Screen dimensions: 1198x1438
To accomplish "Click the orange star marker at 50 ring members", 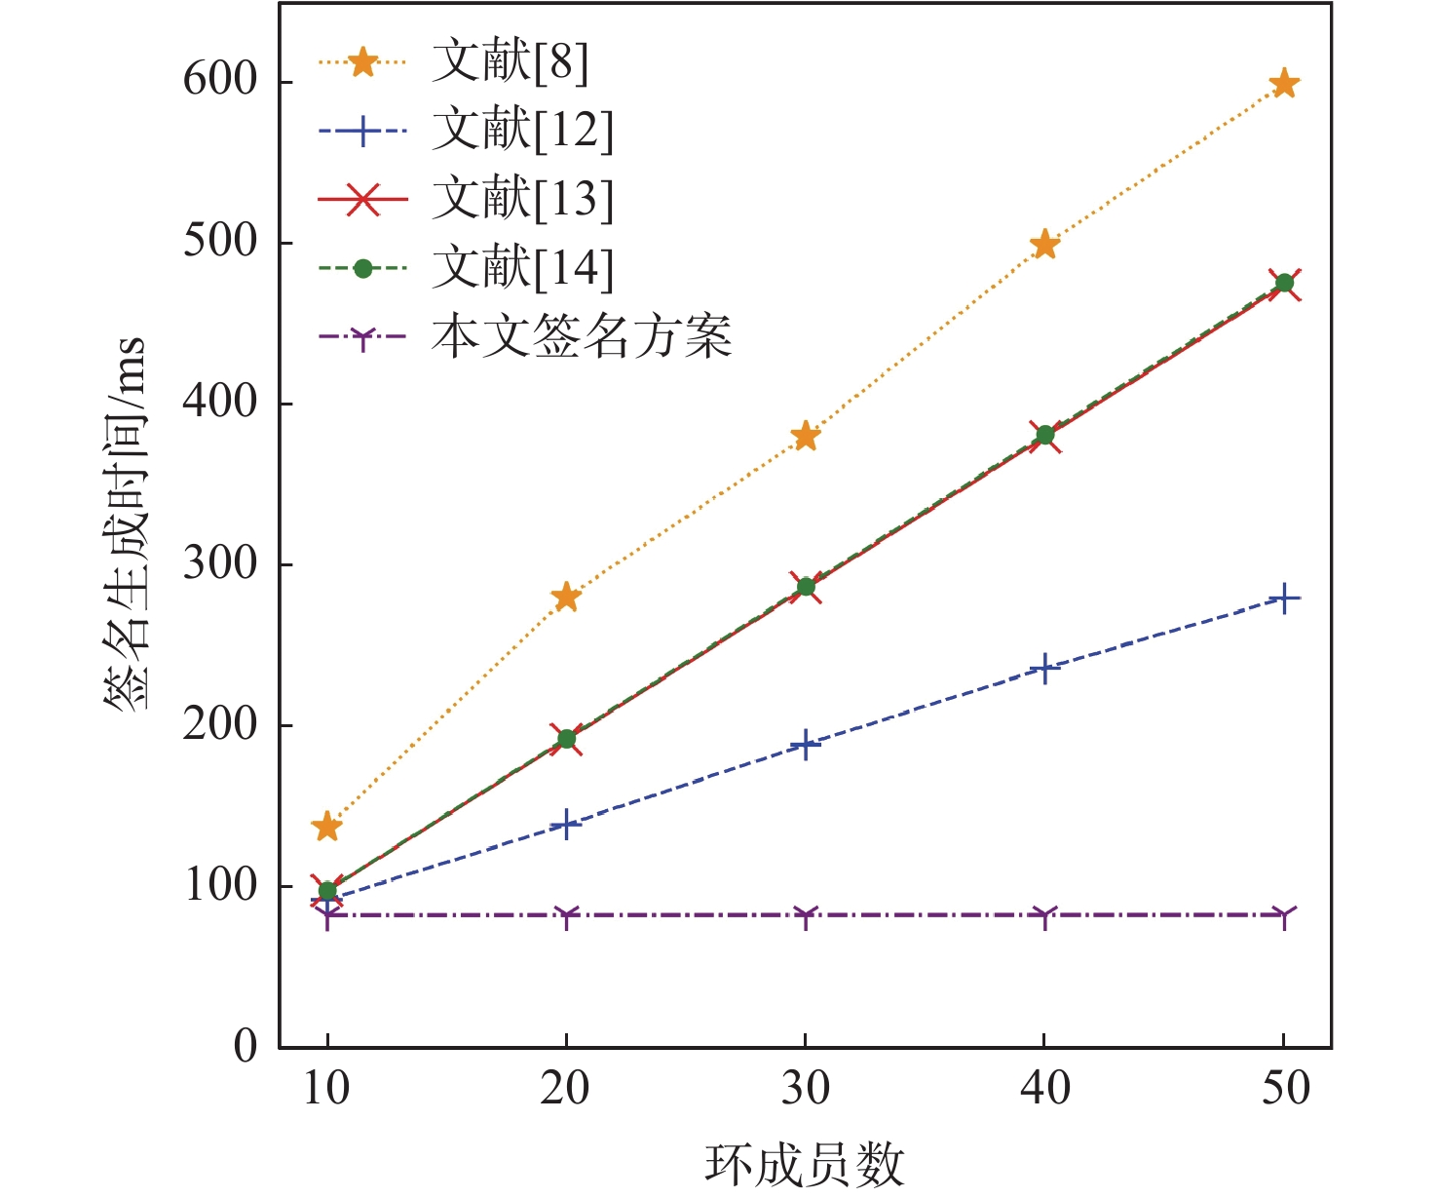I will click(x=1284, y=84).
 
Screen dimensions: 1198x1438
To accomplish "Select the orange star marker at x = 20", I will click(x=566, y=598).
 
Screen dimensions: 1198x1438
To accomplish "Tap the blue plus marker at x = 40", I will click(x=1044, y=669).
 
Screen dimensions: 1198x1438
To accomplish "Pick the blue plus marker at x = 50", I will click(x=1284, y=598).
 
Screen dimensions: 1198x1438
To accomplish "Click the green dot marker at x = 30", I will click(x=806, y=587).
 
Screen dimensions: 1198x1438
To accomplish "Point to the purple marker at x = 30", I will click(x=806, y=916).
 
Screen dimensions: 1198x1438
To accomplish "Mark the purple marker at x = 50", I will click(x=1284, y=916).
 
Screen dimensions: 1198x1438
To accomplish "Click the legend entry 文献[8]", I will click(x=511, y=62).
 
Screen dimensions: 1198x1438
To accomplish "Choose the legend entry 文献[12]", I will click(x=523, y=131).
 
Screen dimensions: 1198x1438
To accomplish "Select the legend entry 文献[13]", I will click(x=523, y=199).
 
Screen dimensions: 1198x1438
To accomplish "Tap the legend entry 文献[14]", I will click(x=523, y=268).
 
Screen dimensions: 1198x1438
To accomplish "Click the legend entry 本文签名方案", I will click(x=582, y=337).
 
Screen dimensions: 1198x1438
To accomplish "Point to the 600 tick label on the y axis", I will click(x=219, y=80).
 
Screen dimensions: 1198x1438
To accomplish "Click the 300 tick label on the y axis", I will click(x=219, y=563).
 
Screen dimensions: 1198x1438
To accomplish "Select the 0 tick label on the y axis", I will click(x=246, y=1047).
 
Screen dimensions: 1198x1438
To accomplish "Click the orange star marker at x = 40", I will click(x=1044, y=245).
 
